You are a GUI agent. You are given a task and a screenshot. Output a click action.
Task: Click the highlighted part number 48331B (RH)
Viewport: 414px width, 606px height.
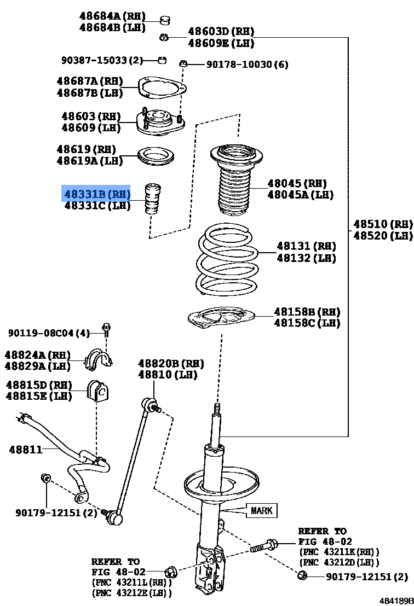(97, 194)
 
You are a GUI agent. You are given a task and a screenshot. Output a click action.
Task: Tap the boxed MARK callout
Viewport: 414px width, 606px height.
(261, 511)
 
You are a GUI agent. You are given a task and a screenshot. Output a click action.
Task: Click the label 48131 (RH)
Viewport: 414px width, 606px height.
(306, 246)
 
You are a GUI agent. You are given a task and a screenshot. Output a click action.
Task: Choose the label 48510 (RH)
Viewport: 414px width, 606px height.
(382, 224)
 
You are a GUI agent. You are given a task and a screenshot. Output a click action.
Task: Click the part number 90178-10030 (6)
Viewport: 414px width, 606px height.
(247, 65)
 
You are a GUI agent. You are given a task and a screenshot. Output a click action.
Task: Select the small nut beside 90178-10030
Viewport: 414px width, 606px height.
(183, 65)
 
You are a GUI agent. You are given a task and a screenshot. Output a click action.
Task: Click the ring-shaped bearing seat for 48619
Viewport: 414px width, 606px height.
(156, 158)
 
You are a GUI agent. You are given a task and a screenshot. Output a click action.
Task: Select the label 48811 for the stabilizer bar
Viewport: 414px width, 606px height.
(25, 450)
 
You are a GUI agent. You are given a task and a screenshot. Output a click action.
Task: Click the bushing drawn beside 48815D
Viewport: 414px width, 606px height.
(98, 389)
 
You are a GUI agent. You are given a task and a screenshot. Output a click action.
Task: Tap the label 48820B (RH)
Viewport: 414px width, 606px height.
(170, 363)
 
